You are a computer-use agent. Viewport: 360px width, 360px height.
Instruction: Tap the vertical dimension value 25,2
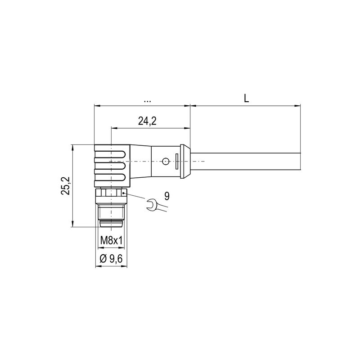(x=66, y=185)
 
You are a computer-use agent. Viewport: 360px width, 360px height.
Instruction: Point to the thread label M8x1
(x=111, y=241)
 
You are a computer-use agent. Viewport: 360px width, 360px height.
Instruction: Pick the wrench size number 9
(x=167, y=196)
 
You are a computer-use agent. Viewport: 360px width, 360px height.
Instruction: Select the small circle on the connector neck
(x=166, y=161)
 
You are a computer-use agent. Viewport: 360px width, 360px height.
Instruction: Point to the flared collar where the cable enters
(x=184, y=161)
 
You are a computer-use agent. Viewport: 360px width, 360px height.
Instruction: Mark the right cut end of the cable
(x=300, y=161)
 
